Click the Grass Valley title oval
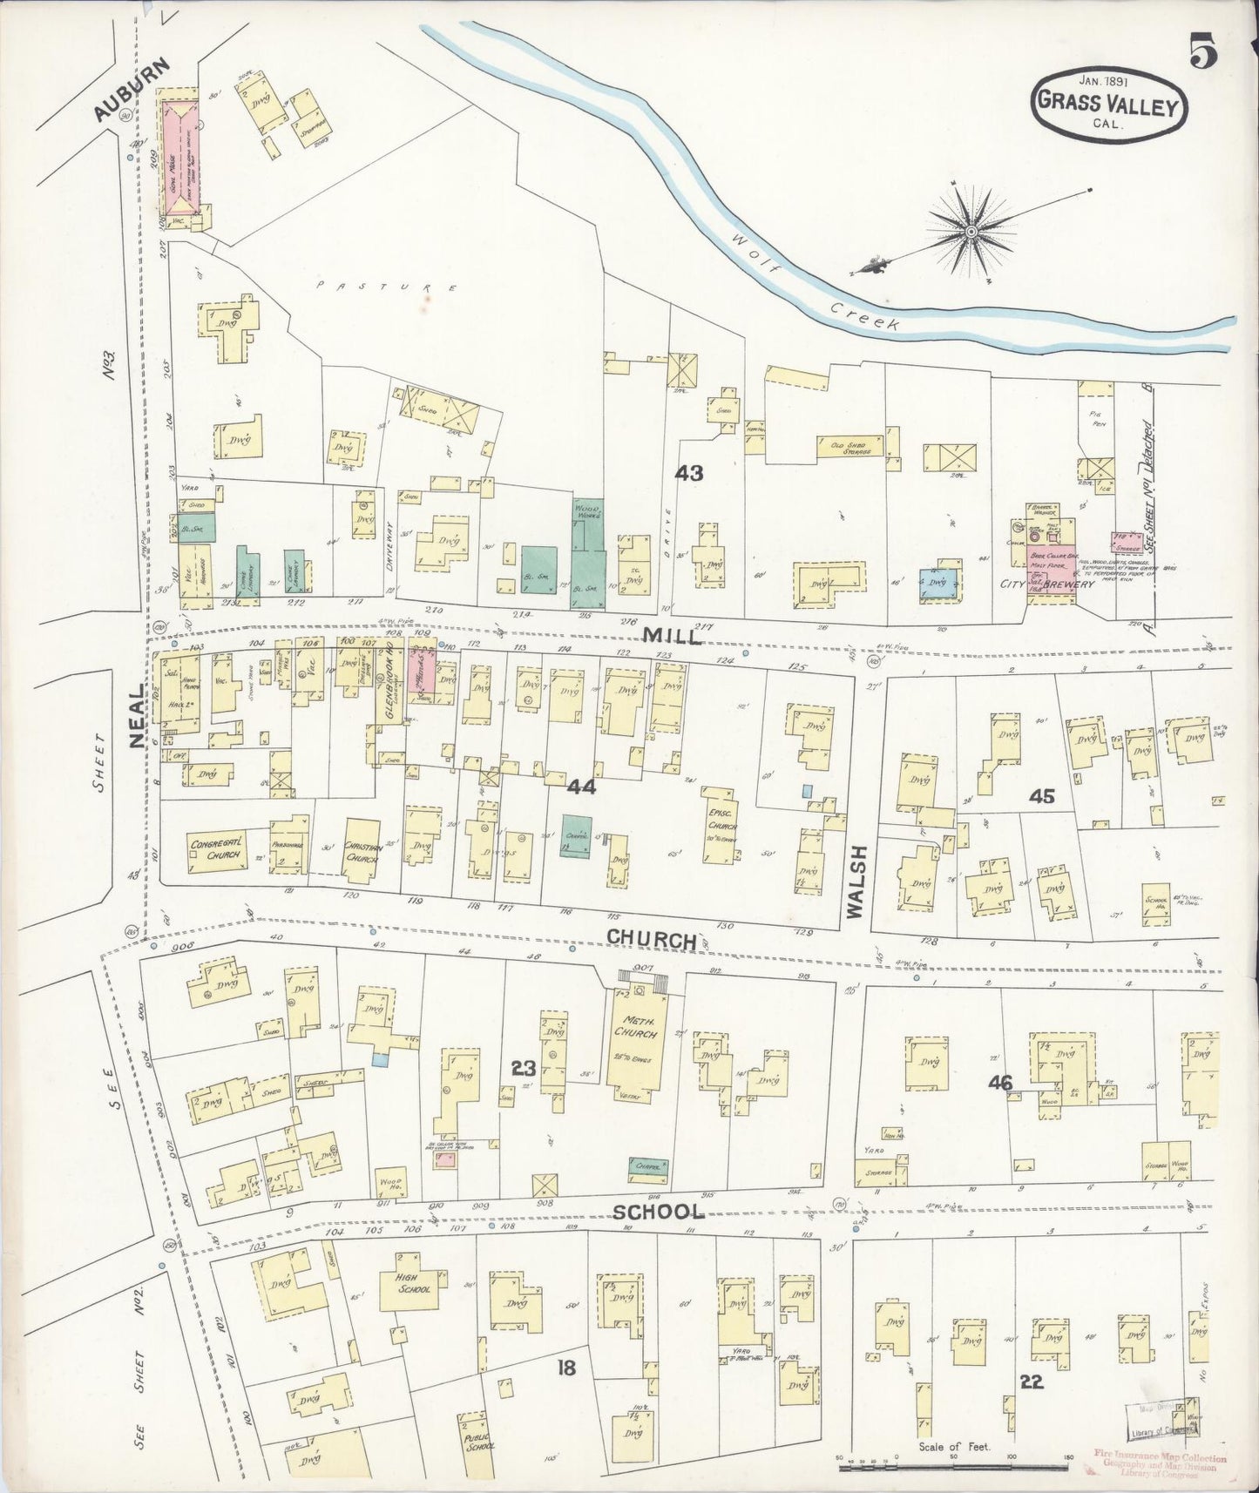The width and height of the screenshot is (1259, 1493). (x=1107, y=104)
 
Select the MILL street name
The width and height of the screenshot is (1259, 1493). (x=673, y=636)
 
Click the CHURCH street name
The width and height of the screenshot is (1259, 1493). (x=651, y=939)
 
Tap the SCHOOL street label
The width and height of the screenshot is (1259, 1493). (x=658, y=1212)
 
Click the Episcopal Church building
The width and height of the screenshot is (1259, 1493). (x=721, y=825)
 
